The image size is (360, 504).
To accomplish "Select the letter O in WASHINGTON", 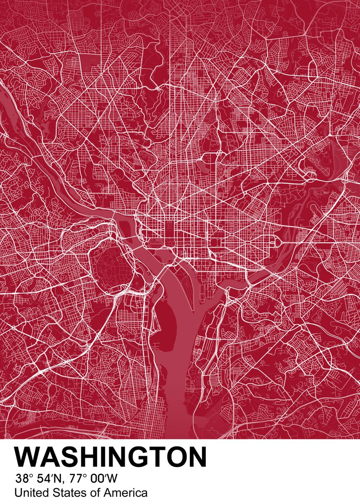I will pos(176,457).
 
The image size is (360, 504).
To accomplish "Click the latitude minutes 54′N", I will pos(47,479).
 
